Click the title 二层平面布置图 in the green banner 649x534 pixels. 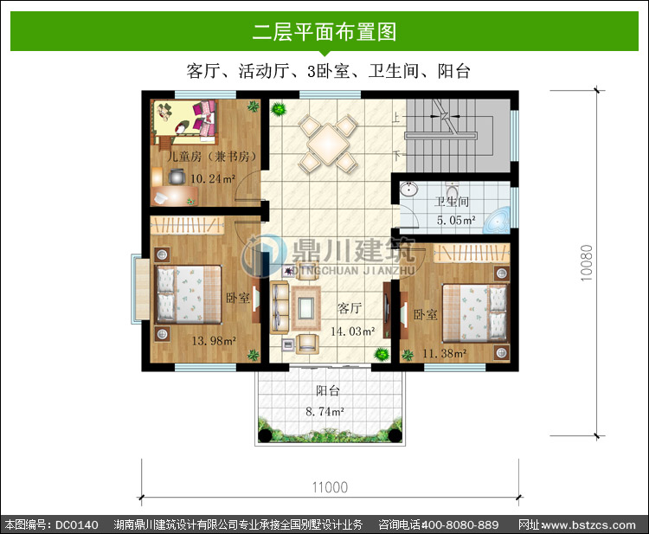pyautogui.click(x=324, y=32)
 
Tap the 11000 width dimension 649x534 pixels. pyautogui.click(x=330, y=487)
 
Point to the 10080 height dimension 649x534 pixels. pyautogui.click(x=587, y=263)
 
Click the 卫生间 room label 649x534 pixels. pyautogui.click(x=452, y=202)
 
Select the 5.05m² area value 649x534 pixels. pyautogui.click(x=456, y=220)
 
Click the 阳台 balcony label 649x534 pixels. pyautogui.click(x=328, y=391)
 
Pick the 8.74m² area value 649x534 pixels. pyautogui.click(x=324, y=411)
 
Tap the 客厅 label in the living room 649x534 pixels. pyautogui.click(x=350, y=308)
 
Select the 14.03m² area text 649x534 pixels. pyautogui.click(x=353, y=331)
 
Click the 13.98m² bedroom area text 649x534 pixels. pyautogui.click(x=214, y=341)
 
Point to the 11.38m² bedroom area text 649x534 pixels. pyautogui.click(x=445, y=353)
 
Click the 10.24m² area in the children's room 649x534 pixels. pyautogui.click(x=213, y=179)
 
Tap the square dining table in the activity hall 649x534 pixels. pyautogui.click(x=328, y=144)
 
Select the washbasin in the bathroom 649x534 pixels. pyautogui.click(x=409, y=190)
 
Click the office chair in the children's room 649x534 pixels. pyautogui.click(x=177, y=177)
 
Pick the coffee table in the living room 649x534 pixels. pyautogui.click(x=306, y=307)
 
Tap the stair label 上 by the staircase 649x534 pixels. pyautogui.click(x=396, y=118)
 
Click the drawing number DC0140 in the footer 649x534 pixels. pyautogui.click(x=77, y=525)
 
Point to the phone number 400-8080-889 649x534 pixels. pyautogui.click(x=459, y=525)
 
